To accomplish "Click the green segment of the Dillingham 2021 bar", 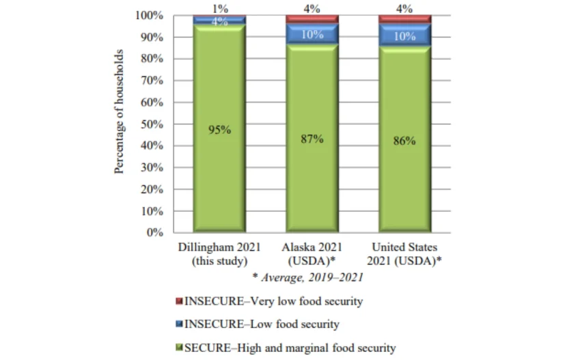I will click(x=219, y=171).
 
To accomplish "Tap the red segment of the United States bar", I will click(x=404, y=18).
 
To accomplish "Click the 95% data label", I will click(x=219, y=130).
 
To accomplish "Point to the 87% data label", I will click(x=312, y=139).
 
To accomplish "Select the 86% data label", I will click(x=404, y=141).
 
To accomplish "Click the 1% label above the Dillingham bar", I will click(x=219, y=8).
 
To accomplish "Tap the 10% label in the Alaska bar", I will click(x=312, y=35).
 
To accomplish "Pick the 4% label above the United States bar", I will click(x=404, y=8).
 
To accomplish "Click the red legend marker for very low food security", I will click(x=180, y=301).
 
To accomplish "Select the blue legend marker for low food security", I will click(x=180, y=324).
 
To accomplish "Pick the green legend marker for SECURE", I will click(x=180, y=348).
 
